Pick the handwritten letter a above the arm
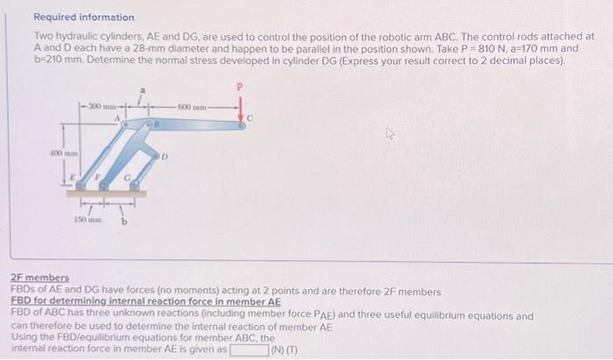145,89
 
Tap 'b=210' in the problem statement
48,60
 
